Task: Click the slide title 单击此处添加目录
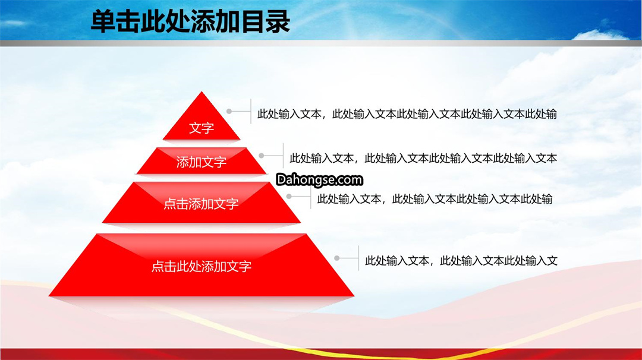[190, 21]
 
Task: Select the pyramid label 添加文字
[202, 162]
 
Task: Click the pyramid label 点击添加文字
[201, 203]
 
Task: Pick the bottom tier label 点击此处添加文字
[202, 266]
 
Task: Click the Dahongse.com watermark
[319, 179]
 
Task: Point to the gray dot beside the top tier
[229, 111]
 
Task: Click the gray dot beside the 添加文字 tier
[262, 156]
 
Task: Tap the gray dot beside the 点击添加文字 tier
[289, 197]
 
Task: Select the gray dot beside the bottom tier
[337, 258]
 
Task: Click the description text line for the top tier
[407, 113]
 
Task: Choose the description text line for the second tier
[423, 159]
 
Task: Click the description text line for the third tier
[435, 199]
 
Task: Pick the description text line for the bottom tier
[461, 261]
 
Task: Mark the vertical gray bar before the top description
[251, 111]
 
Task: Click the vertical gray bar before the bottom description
[358, 258]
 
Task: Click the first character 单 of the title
[102, 21]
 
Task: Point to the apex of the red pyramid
[202, 91]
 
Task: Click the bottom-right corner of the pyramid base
[354, 296]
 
